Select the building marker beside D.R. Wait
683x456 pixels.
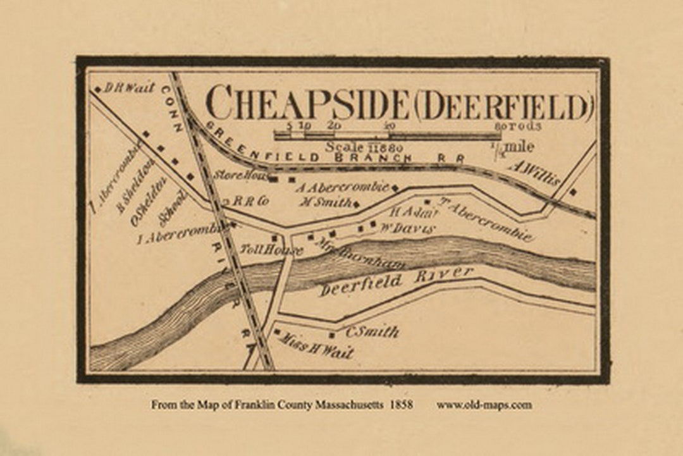coord(97,90)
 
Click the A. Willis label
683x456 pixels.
coord(534,172)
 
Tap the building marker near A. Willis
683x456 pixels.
coord(573,192)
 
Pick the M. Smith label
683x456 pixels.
coord(325,202)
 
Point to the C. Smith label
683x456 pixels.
coord(371,331)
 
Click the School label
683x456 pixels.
coord(173,207)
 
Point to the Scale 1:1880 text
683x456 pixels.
coord(357,146)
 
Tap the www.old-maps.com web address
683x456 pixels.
coord(484,405)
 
